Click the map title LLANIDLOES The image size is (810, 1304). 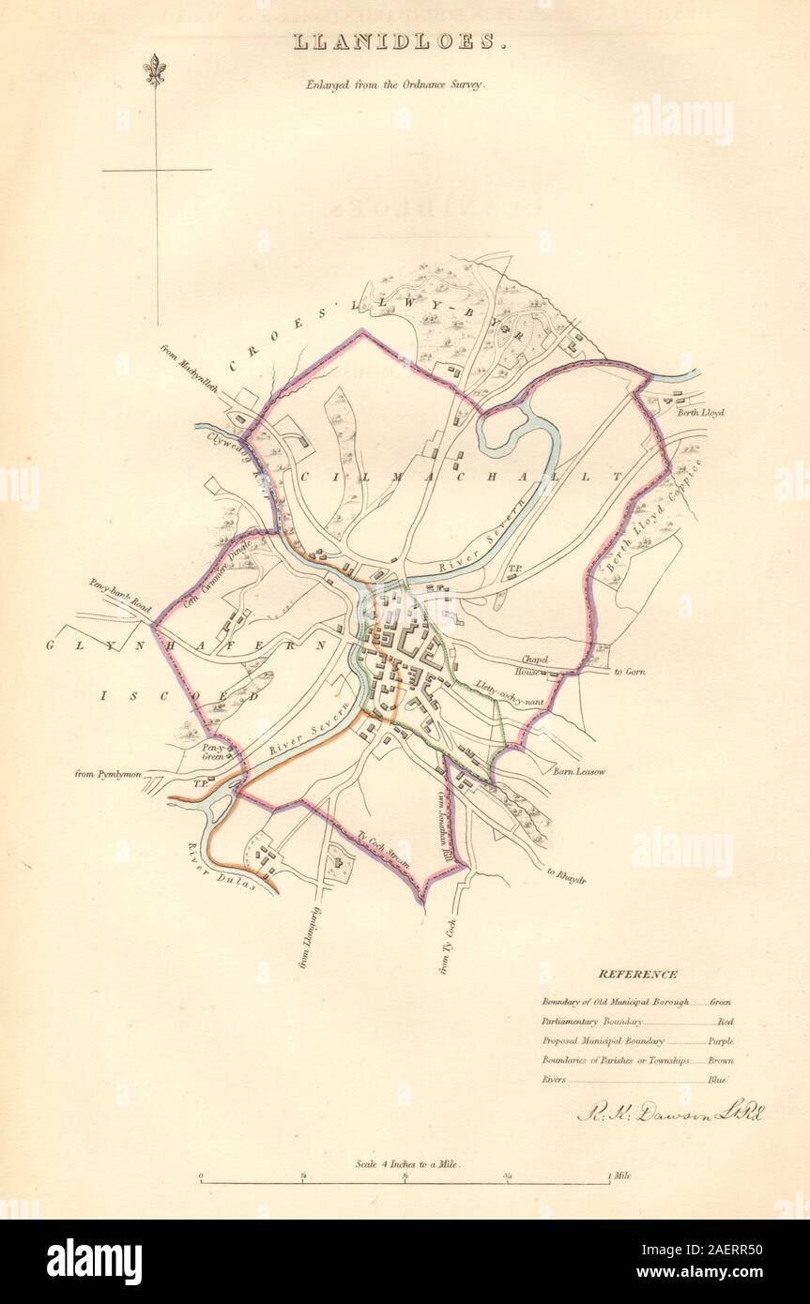click(405, 42)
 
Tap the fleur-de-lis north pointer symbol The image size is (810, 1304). click(155, 69)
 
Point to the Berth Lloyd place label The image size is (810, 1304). click(700, 412)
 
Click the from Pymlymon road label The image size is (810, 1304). click(108, 774)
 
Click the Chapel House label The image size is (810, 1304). click(530, 666)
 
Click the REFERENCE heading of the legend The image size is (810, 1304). click(637, 975)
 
